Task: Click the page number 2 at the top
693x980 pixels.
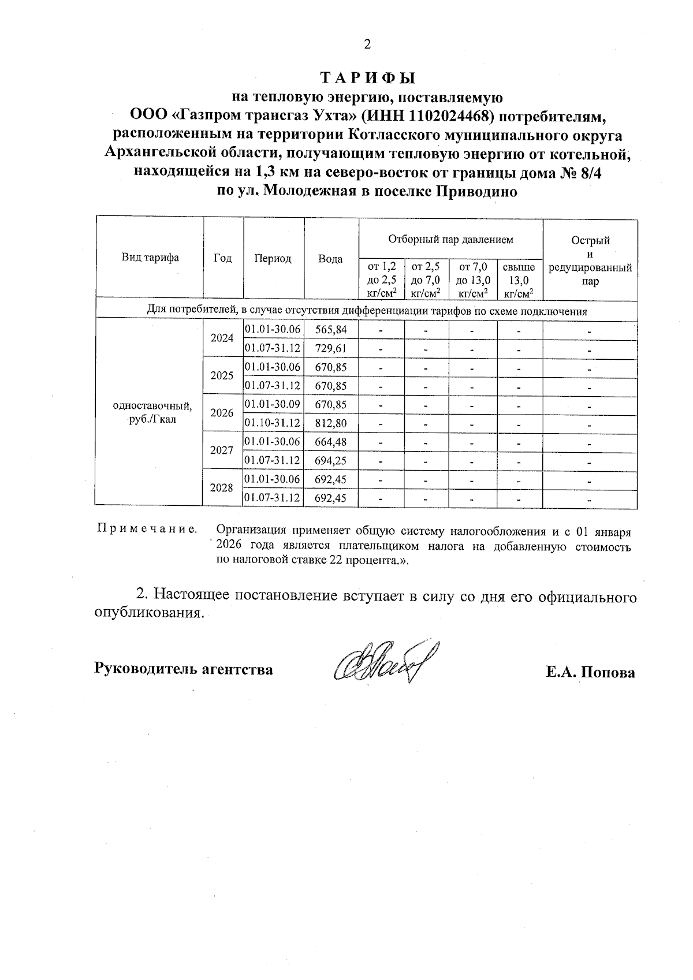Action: coord(366,44)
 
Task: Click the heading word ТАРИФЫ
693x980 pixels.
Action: coord(367,77)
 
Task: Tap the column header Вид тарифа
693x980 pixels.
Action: coord(150,258)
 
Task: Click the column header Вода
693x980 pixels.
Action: coord(330,259)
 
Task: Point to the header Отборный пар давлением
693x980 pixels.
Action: coord(450,239)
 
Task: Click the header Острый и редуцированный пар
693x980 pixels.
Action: coord(590,261)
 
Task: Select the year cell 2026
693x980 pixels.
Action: coord(222,413)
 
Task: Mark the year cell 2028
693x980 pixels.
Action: coord(222,488)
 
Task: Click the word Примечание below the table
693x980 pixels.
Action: coord(146,529)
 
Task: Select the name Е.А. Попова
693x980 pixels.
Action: coord(590,672)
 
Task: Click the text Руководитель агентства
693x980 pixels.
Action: coord(184,669)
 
